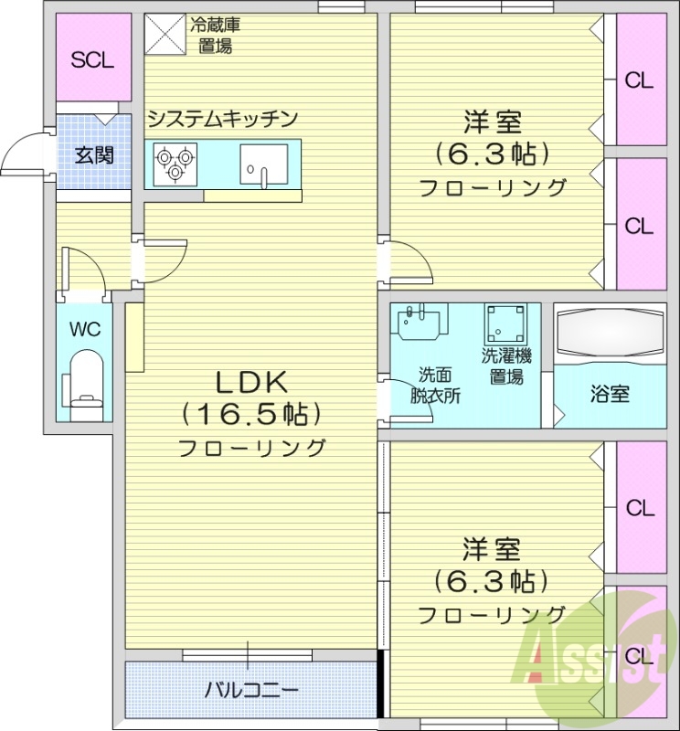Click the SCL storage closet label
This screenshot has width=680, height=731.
point(92,60)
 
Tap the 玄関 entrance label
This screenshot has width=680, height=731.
point(94,154)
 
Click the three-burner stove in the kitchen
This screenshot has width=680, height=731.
point(175,163)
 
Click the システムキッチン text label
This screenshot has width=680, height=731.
point(223,118)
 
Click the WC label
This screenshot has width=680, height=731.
point(85,329)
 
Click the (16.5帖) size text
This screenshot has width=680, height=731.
point(251,414)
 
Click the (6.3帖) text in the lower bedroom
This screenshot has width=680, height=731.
point(492,580)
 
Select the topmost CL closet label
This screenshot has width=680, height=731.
point(639,79)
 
